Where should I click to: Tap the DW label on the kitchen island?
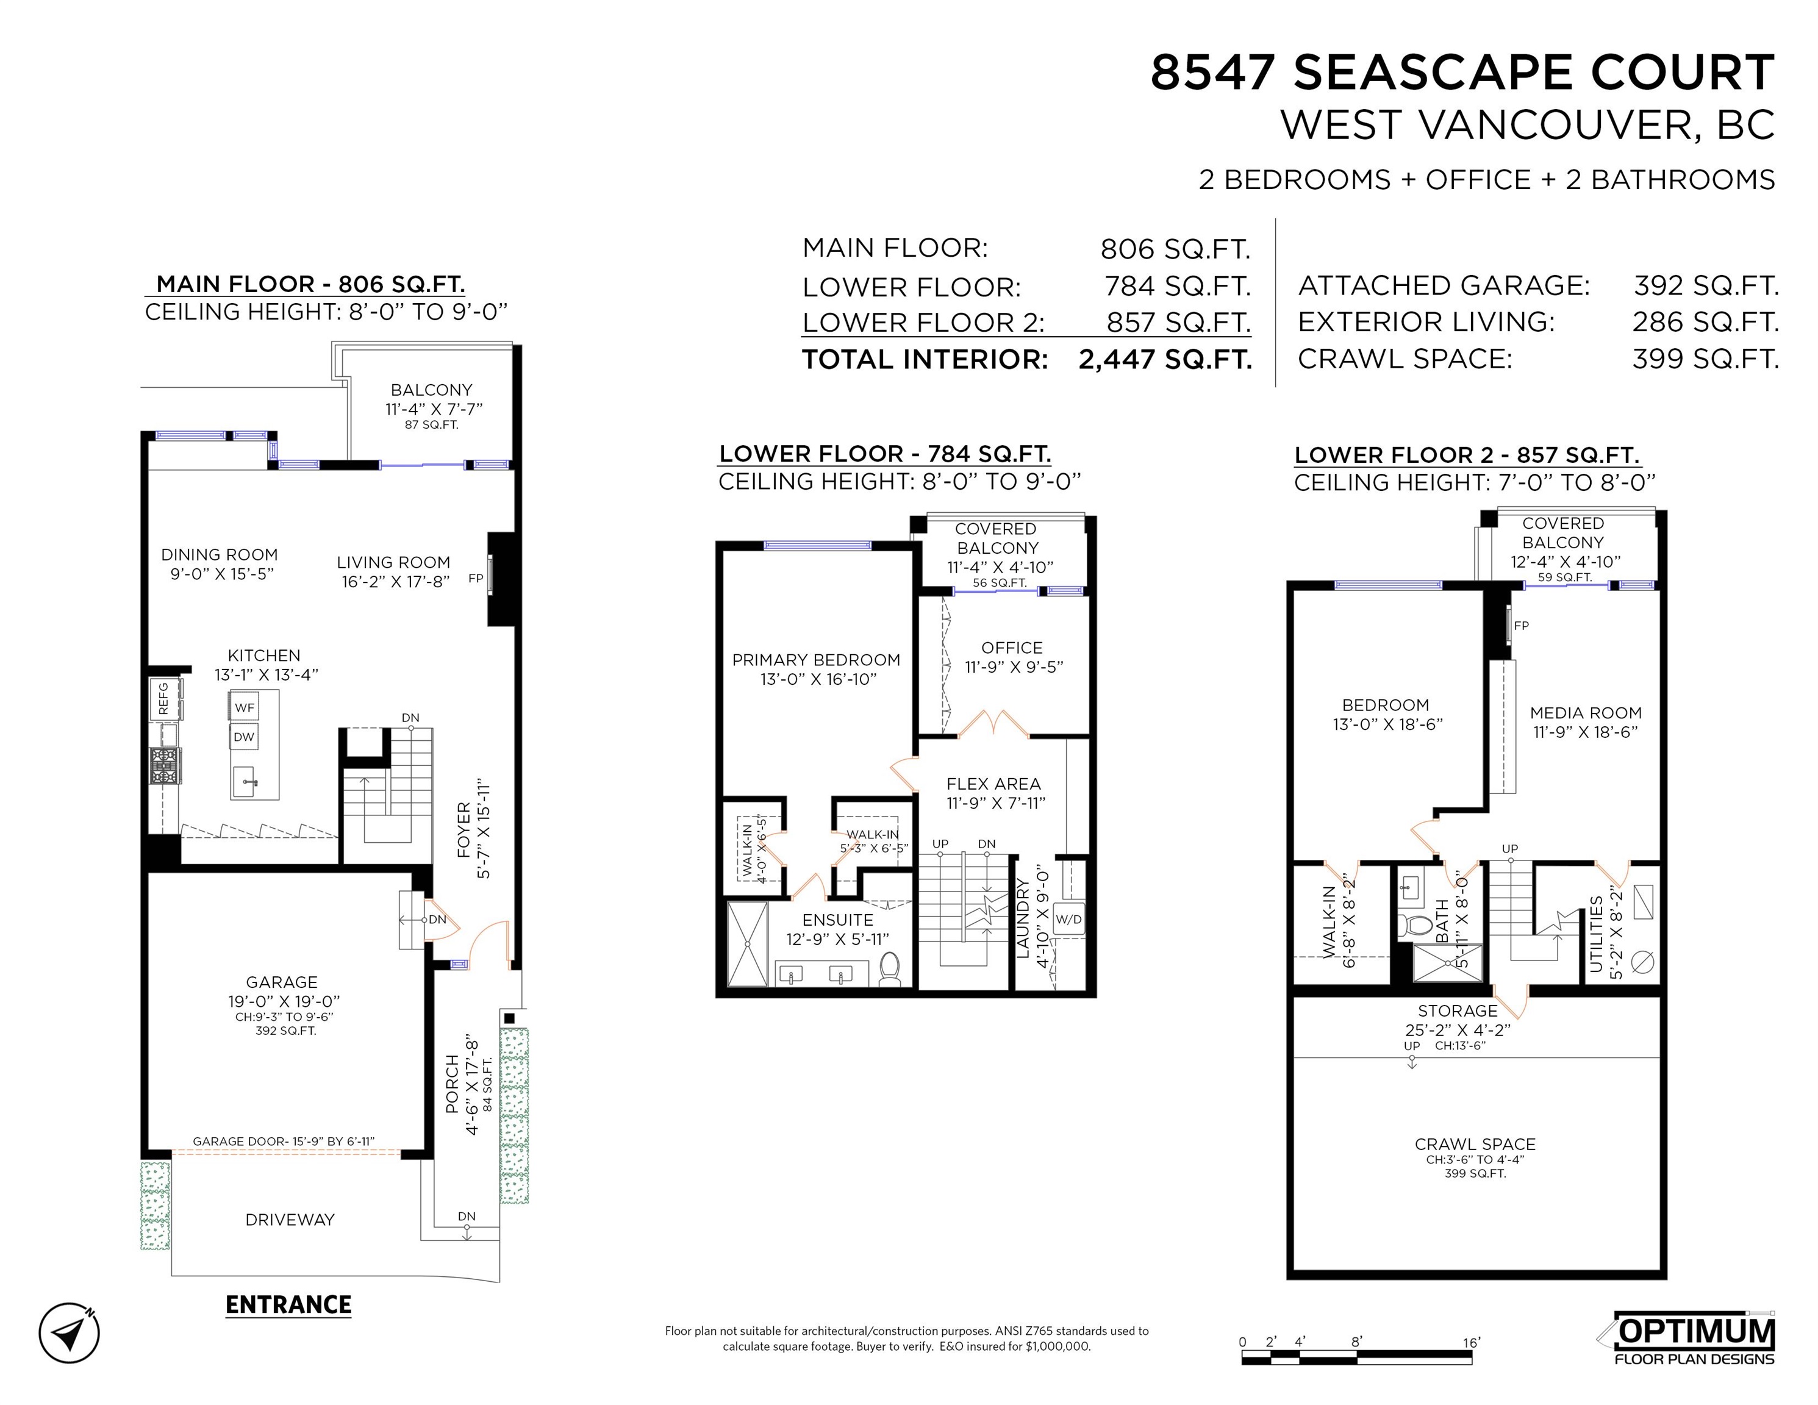[x=244, y=737]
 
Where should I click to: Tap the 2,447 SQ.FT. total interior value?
[x=1165, y=360]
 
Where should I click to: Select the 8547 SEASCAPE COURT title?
[x=1462, y=73]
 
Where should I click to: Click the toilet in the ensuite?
[x=890, y=969]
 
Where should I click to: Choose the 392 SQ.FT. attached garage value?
[x=1706, y=285]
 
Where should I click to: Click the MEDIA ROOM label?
[x=1586, y=712]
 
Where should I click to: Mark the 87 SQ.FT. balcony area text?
[x=431, y=424]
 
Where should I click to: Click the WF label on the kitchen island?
[x=244, y=707]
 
